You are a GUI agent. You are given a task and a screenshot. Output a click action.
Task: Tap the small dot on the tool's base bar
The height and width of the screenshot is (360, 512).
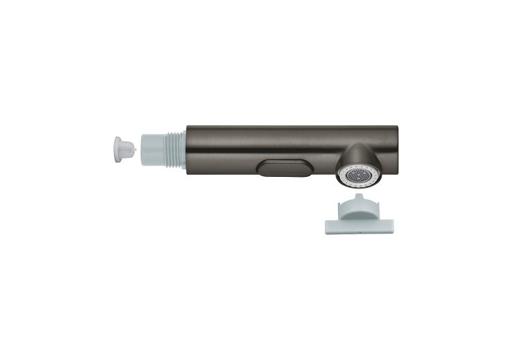(x=359, y=232)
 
